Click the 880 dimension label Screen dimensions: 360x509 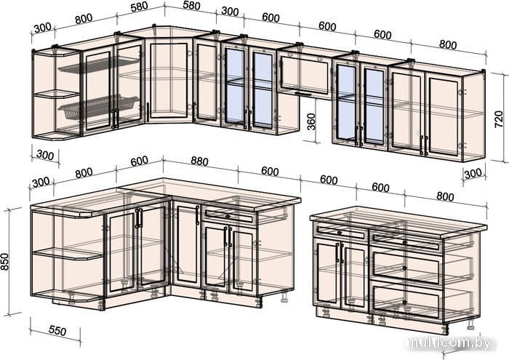point(199,163)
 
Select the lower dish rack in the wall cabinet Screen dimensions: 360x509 point(99,108)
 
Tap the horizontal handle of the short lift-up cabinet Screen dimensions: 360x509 point(303,94)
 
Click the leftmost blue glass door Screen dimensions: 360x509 point(235,87)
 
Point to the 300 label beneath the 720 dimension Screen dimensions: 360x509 point(473,173)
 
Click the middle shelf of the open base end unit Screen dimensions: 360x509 point(67,254)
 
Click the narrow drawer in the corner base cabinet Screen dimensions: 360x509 point(228,216)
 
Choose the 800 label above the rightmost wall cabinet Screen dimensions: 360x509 point(448,44)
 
